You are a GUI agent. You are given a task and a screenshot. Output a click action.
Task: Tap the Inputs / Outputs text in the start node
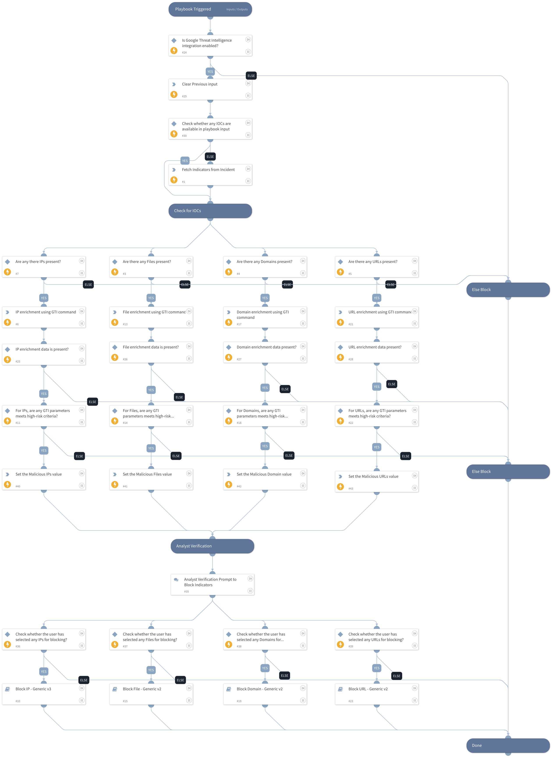237,9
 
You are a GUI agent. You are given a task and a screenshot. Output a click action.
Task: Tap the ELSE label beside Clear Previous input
251,76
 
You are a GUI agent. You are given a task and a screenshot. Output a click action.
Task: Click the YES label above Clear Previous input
210,71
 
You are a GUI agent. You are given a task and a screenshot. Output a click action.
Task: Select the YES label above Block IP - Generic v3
44,671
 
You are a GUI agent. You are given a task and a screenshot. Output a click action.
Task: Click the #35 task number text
186,591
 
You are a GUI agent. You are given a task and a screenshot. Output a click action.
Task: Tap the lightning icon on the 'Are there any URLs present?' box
340,272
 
